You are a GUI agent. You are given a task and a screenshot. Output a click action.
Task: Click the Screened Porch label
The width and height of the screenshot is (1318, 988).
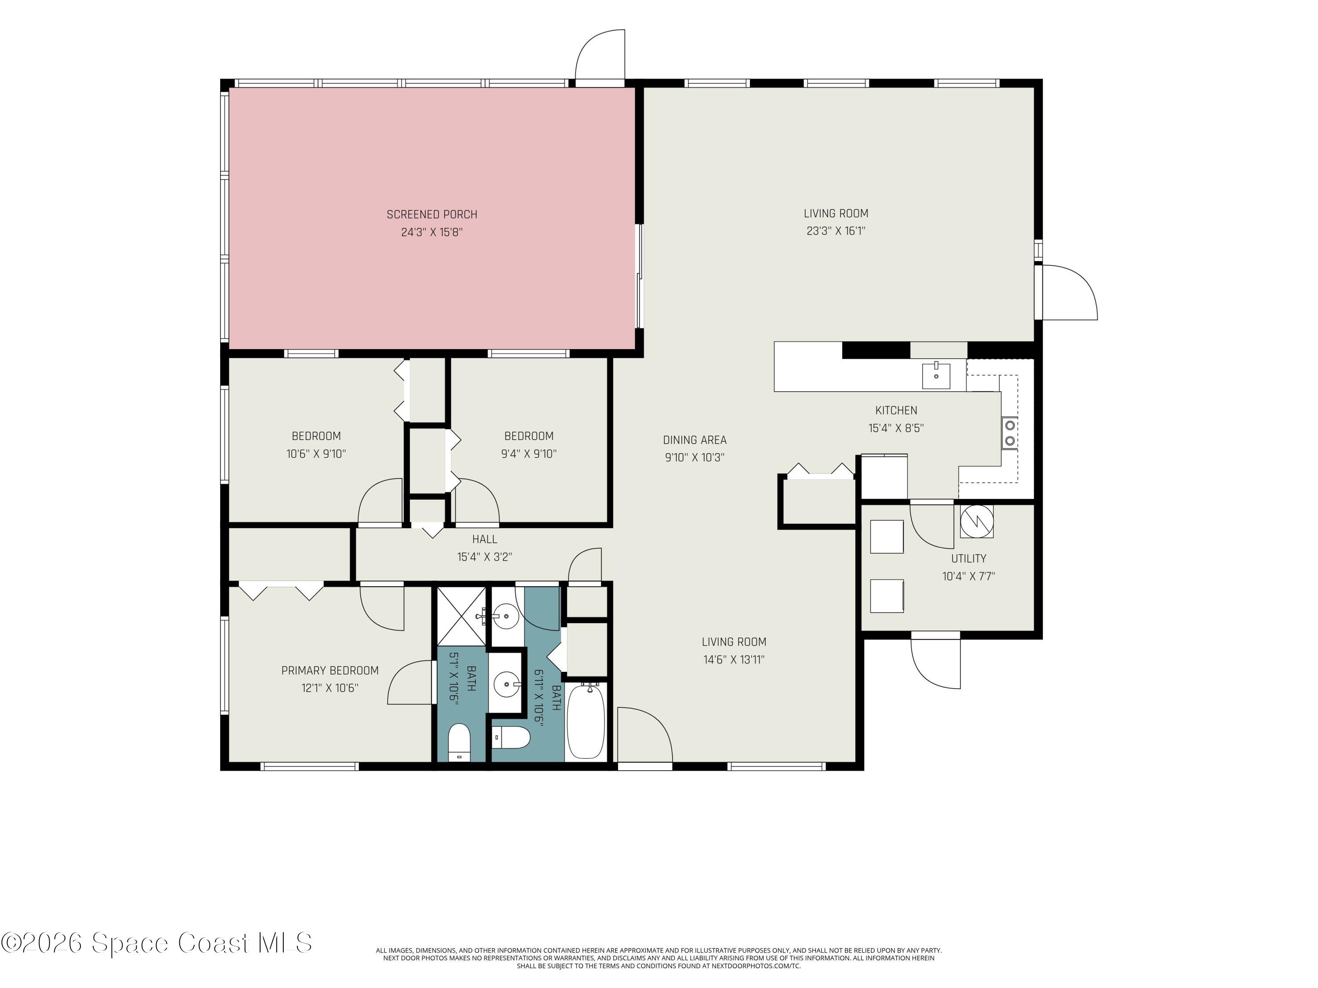(432, 214)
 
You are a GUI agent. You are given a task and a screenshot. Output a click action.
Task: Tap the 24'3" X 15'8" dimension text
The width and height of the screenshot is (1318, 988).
(432, 232)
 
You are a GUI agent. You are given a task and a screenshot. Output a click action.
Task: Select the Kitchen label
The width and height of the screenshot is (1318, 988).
(896, 410)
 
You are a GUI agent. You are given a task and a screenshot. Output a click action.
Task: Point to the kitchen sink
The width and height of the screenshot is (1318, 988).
(936, 375)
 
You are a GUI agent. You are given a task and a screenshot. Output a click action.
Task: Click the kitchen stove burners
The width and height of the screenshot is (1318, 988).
(1009, 433)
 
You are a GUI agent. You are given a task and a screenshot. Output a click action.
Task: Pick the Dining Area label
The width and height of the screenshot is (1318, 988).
(695, 440)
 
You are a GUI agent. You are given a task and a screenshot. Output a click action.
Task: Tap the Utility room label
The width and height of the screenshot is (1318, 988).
(968, 559)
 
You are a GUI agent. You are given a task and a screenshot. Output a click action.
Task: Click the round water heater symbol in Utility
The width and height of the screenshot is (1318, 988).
(977, 522)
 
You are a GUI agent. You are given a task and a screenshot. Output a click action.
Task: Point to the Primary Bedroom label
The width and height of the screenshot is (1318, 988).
(330, 671)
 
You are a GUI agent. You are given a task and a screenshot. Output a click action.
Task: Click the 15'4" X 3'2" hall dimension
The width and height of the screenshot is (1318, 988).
(485, 557)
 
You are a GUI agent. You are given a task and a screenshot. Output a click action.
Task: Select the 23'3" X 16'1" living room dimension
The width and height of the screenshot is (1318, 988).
(836, 231)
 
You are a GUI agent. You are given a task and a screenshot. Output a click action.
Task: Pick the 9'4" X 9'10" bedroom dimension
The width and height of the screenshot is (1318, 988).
(529, 454)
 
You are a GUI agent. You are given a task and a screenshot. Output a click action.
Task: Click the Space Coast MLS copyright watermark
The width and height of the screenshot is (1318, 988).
(156, 943)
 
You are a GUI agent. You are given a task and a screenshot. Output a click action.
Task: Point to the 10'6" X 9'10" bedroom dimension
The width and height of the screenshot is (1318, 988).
(316, 454)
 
